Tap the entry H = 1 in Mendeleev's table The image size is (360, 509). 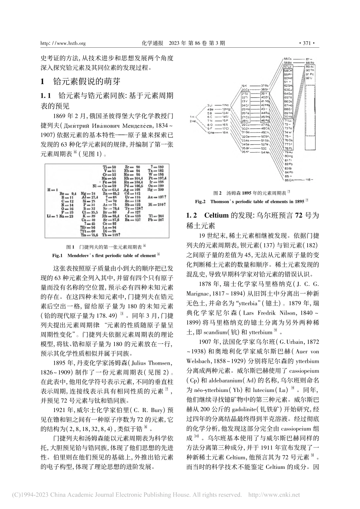[52, 189]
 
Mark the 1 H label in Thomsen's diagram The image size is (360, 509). [193, 117]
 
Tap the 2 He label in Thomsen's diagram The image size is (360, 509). [193, 121]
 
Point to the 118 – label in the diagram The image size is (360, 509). [310, 179]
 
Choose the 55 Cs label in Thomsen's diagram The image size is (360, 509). [288, 59]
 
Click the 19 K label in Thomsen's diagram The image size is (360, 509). [244, 86]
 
